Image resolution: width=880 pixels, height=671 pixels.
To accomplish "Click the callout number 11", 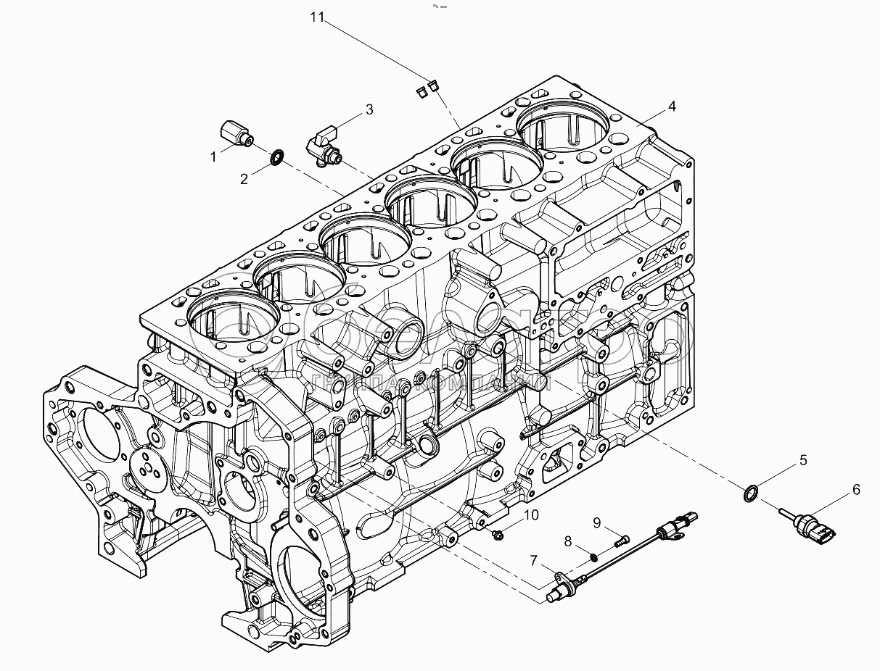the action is click(x=316, y=17).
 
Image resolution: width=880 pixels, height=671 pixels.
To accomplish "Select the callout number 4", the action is click(x=673, y=107).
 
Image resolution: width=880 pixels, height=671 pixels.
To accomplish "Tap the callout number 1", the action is click(x=214, y=156).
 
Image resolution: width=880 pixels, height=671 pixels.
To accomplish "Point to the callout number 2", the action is click(x=244, y=179).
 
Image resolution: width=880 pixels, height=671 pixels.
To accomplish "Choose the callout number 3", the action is click(x=369, y=109).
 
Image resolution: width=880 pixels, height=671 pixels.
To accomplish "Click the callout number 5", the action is click(x=803, y=459).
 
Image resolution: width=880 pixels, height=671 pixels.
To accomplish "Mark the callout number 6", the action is click(x=856, y=490).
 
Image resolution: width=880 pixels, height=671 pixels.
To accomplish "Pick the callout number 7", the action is click(x=533, y=560).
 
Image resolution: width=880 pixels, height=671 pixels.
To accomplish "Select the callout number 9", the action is click(x=597, y=522).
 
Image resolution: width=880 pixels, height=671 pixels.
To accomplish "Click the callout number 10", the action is click(x=532, y=515).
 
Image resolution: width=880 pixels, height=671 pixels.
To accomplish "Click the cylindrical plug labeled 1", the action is click(x=234, y=133).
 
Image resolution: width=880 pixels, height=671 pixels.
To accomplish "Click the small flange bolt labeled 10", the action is click(x=499, y=535).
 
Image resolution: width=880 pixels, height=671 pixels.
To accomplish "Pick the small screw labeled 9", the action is click(x=621, y=540).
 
